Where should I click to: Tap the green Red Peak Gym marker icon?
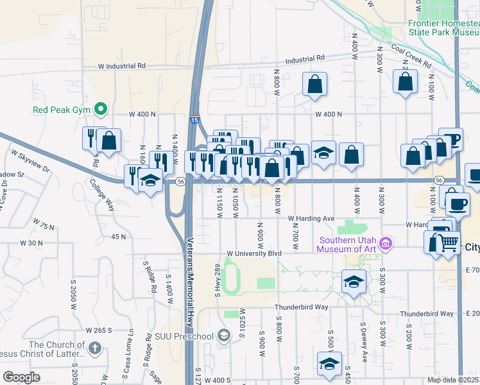click(x=100, y=110)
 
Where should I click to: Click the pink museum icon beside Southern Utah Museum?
click(x=386, y=243)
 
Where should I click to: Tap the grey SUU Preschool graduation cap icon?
click(x=223, y=336)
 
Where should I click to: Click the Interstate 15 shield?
click(x=194, y=119)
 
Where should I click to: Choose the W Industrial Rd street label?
click(x=122, y=66)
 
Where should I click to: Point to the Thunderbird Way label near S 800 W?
click(x=302, y=307)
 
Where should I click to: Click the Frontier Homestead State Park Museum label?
click(x=443, y=26)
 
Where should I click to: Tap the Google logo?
click(x=21, y=377)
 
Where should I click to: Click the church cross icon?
click(x=94, y=348)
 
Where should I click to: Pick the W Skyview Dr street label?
click(x=30, y=161)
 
